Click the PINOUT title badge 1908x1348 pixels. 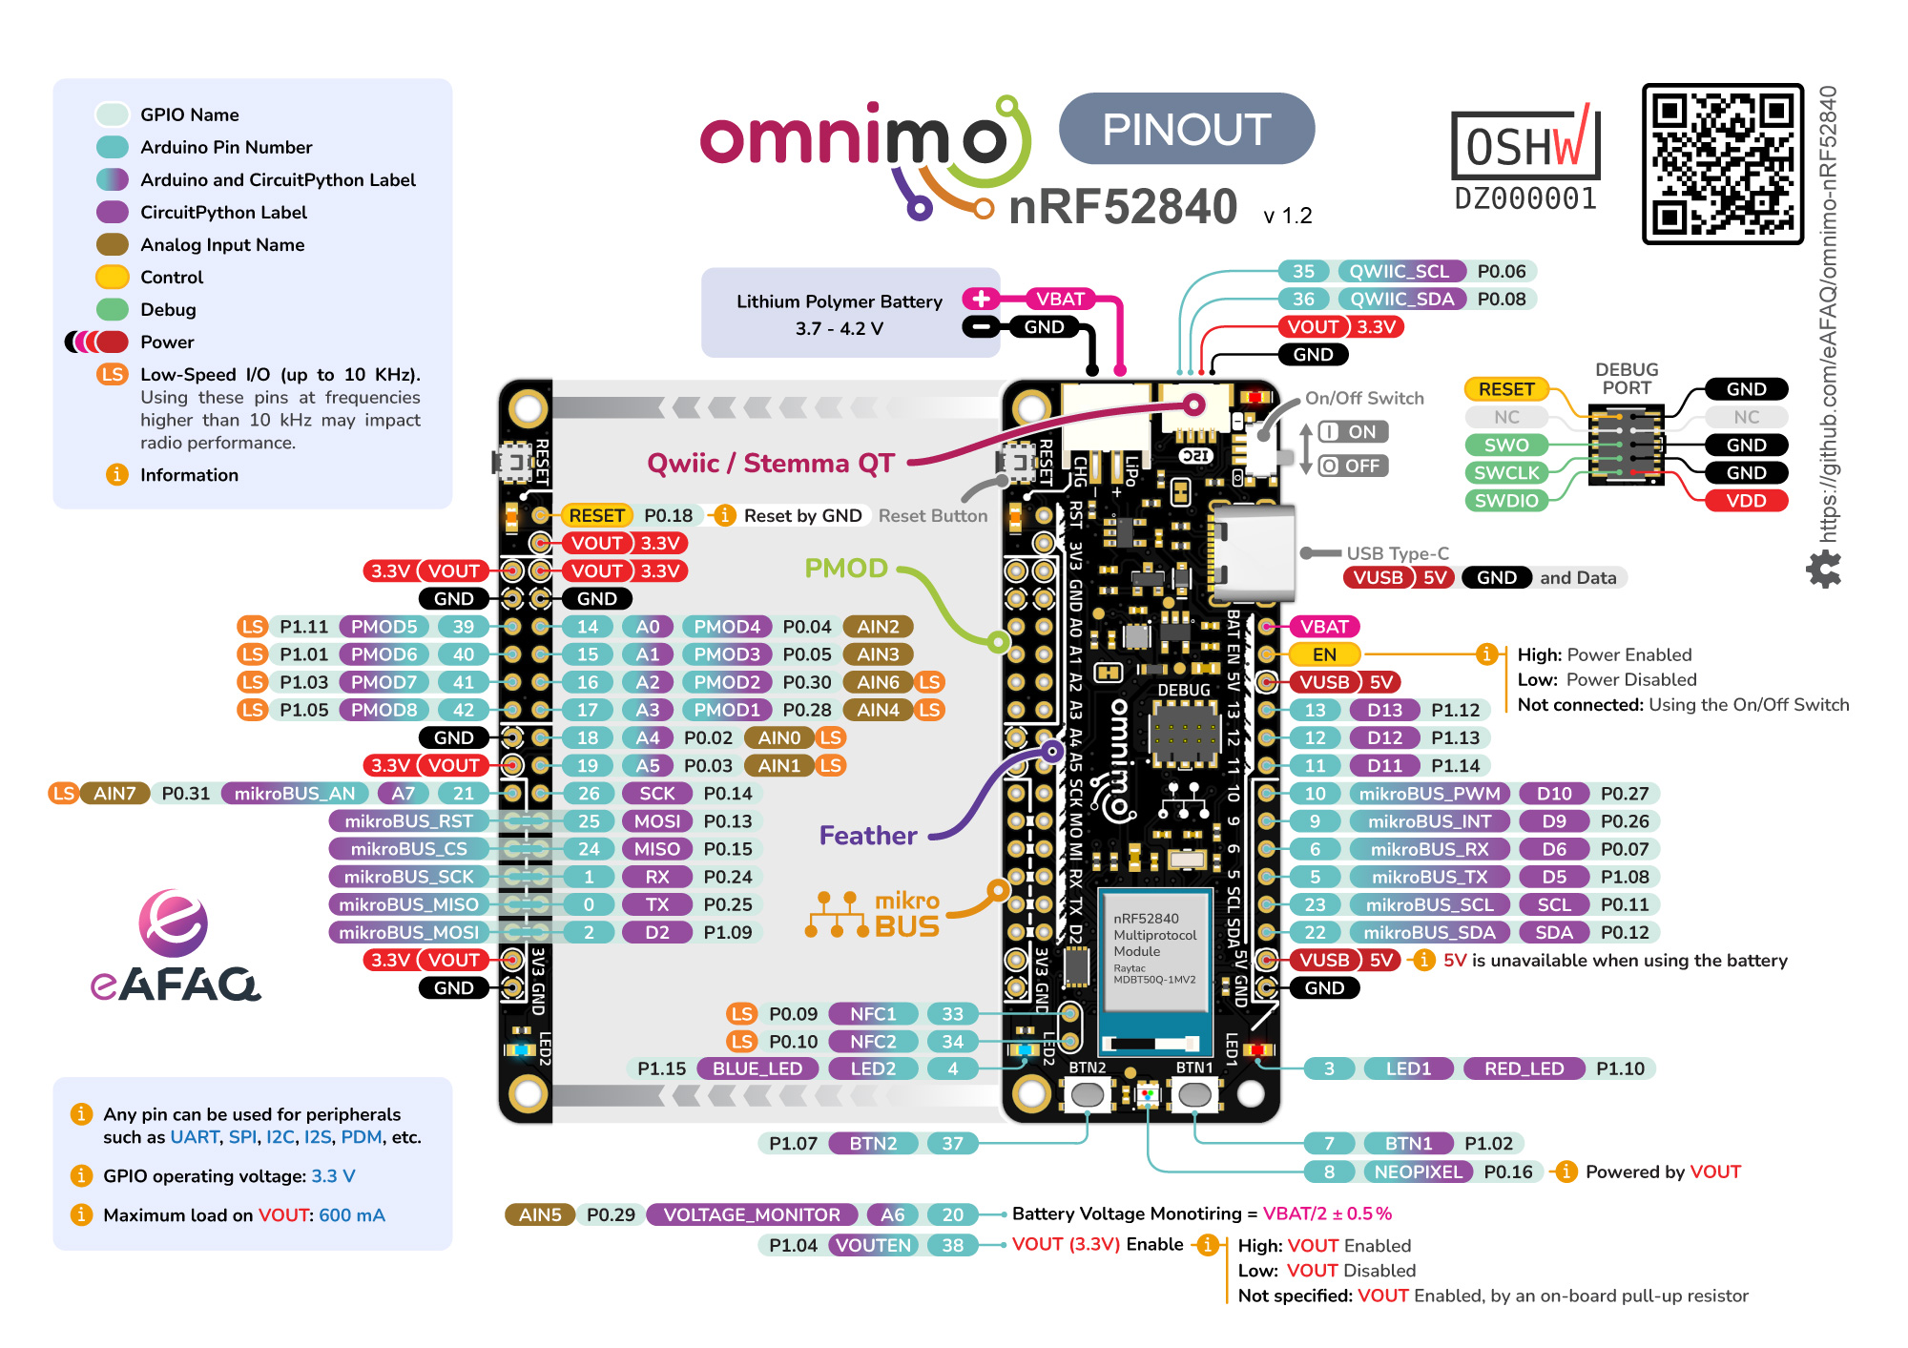click(x=1186, y=129)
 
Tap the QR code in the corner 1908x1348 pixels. click(x=1722, y=163)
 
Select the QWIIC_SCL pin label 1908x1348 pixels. click(x=1400, y=271)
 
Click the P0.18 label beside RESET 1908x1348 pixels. click(x=668, y=515)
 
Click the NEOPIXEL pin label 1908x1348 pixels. click(x=1418, y=1172)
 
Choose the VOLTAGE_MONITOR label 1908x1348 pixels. click(x=752, y=1214)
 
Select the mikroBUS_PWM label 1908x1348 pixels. click(x=1429, y=794)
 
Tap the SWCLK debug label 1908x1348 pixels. click(x=1506, y=472)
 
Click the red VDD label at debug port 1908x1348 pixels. click(x=1746, y=500)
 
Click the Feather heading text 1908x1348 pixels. click(x=867, y=836)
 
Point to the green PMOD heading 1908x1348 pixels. click(x=845, y=569)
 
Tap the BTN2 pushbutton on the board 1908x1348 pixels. click(x=1088, y=1094)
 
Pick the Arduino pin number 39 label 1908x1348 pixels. click(x=463, y=627)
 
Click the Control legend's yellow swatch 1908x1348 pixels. click(x=113, y=278)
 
